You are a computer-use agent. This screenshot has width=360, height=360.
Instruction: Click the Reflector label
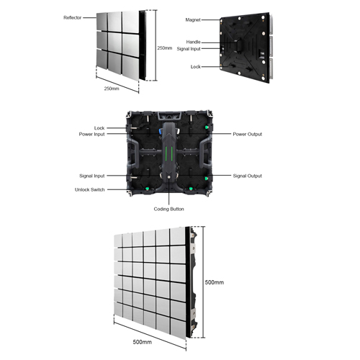pos(72,17)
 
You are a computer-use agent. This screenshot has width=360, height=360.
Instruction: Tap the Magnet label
pos(193,20)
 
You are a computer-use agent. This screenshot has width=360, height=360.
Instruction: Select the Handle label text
pos(193,42)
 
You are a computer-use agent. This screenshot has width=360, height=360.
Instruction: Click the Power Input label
pos(91,134)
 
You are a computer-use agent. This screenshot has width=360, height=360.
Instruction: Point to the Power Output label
pos(248,134)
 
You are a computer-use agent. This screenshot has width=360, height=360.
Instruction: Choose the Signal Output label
pos(248,176)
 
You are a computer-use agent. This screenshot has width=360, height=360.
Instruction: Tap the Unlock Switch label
pos(90,189)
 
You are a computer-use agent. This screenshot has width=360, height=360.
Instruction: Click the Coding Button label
pos(168,209)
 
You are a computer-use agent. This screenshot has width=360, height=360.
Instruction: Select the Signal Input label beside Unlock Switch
pos(92,176)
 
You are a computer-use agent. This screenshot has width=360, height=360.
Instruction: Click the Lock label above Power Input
pos(99,128)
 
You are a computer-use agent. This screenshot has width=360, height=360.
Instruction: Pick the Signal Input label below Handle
pos(189,49)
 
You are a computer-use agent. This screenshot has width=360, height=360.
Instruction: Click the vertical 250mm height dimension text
pos(165,48)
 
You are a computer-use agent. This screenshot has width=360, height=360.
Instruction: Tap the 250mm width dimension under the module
pos(112,89)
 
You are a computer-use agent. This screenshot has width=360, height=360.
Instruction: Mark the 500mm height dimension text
pos(215,282)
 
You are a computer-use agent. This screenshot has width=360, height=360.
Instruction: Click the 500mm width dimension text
pos(143,342)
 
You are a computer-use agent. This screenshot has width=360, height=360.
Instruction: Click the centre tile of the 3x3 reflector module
pos(114,42)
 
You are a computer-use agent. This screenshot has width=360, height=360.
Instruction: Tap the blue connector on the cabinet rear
pos(160,132)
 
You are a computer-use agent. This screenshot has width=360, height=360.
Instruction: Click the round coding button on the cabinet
pos(169,177)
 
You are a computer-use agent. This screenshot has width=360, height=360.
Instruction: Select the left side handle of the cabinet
pos(132,153)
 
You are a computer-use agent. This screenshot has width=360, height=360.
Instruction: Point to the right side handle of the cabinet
pos(205,153)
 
